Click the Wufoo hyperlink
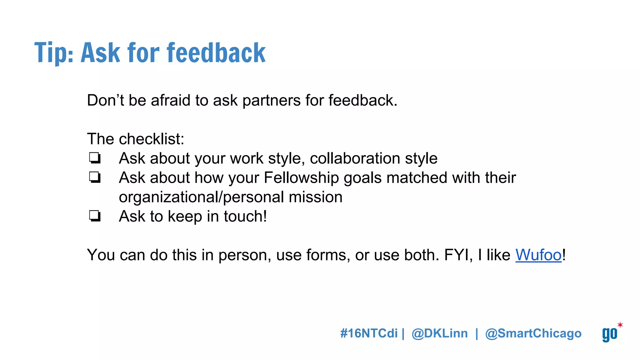point(538,255)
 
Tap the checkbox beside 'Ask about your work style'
point(95,158)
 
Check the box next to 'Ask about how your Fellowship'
point(95,177)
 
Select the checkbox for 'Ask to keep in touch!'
point(95,216)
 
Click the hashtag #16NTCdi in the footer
point(369,333)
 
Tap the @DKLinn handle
point(440,333)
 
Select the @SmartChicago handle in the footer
point(533,333)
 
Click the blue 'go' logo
point(609,334)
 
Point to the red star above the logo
point(620,325)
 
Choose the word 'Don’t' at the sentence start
point(105,101)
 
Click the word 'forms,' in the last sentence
point(328,255)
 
